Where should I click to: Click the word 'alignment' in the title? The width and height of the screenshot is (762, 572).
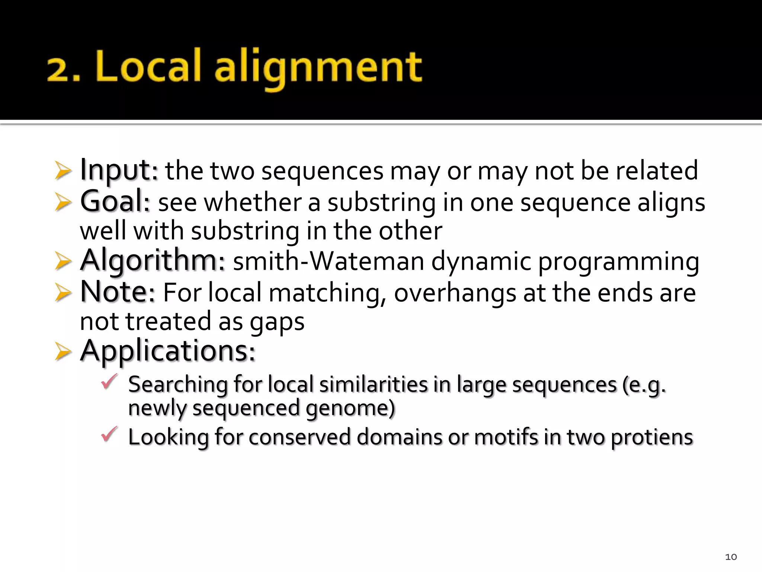click(x=318, y=69)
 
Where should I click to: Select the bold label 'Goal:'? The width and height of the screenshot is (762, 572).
click(x=115, y=201)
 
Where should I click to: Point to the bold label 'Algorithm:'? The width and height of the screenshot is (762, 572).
click(x=153, y=261)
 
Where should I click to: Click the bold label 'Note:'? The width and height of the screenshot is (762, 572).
click(x=118, y=292)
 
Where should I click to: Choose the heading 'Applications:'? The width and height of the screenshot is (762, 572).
click(x=168, y=351)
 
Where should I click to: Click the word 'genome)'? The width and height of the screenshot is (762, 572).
click(x=350, y=408)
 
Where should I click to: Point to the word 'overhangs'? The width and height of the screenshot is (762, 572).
click(x=455, y=293)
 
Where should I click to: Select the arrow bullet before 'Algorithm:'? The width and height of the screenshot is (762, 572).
click(x=63, y=261)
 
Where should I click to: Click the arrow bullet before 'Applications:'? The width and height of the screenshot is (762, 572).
click(x=63, y=352)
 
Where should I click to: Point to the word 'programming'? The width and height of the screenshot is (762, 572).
click(x=619, y=262)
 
